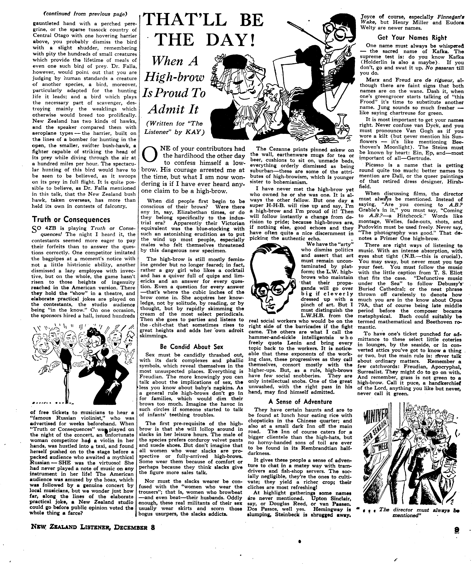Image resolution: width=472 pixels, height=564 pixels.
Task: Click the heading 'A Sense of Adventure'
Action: coord(300,402)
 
